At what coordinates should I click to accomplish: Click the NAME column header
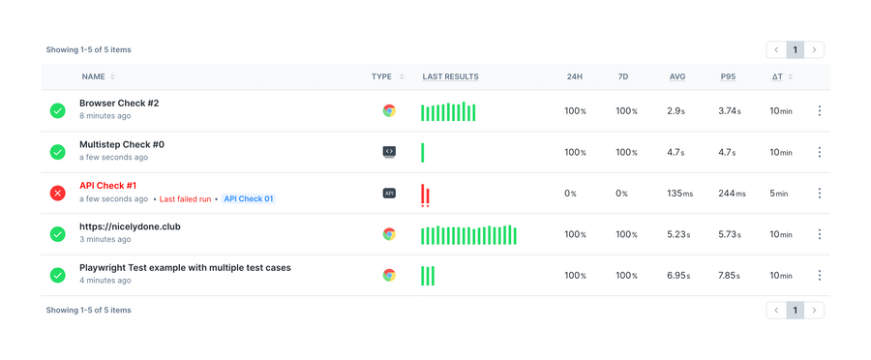(93, 76)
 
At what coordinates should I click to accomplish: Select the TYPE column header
(381, 76)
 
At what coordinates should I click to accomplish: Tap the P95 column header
(728, 76)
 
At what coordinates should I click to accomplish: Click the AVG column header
(676, 76)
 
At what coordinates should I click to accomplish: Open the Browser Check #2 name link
(119, 103)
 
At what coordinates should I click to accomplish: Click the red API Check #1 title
(107, 185)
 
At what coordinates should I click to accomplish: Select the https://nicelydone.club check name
(130, 226)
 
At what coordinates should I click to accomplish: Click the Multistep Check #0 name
(122, 144)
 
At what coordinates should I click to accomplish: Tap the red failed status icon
(58, 194)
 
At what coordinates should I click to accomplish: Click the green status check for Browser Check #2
(58, 111)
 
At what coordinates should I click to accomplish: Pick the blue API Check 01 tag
(248, 198)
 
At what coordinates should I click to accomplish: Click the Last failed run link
(185, 198)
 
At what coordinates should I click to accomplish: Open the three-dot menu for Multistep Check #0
(820, 152)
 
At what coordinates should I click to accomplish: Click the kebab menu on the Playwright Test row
(820, 275)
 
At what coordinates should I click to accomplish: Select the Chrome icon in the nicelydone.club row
(389, 234)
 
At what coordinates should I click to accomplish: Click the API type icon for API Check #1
(389, 194)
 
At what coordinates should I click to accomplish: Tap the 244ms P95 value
(732, 194)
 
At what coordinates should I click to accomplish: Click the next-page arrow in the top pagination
(815, 49)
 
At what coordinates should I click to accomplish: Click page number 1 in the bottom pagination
(796, 310)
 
